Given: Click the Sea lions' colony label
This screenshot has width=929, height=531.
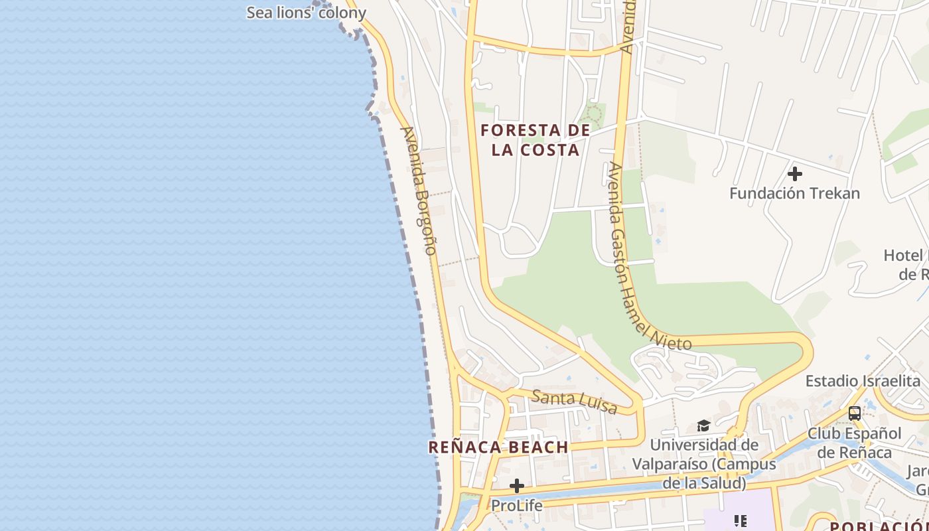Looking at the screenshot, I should tap(306, 13).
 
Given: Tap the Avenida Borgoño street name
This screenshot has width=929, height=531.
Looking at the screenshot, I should tap(419, 190).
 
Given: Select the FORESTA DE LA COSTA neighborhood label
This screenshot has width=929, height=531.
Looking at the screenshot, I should tap(536, 139).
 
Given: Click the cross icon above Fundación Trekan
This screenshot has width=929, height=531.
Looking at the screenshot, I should tap(794, 175).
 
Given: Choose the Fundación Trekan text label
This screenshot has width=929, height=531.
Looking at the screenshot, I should tap(794, 194).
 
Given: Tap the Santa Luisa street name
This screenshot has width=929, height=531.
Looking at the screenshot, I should tap(575, 402).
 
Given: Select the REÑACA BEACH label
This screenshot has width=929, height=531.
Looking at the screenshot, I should tap(498, 447).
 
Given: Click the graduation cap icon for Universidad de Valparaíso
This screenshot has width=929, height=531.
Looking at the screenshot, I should tap(703, 425).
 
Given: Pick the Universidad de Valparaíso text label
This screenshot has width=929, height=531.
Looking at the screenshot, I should tap(704, 463).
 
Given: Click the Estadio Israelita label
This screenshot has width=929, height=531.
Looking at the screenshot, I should tap(863, 381).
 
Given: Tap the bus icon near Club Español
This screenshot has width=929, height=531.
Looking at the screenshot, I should tap(855, 413).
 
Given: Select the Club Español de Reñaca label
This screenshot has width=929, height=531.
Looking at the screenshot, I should tap(855, 443).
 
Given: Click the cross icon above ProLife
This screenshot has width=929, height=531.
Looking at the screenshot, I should tap(517, 486).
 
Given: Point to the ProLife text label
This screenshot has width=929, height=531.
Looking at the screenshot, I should tap(517, 506).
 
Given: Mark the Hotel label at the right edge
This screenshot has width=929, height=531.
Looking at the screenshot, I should tap(906, 264).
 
